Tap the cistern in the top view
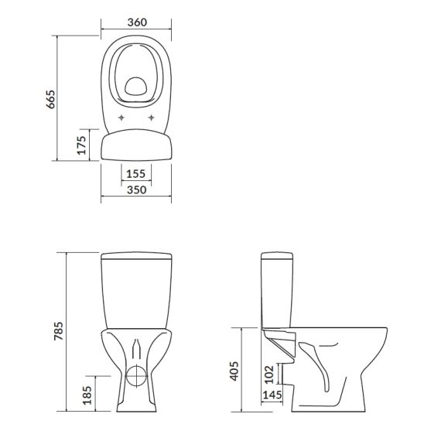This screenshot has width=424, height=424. [x=136, y=145]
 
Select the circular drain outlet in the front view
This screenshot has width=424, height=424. [x=136, y=378]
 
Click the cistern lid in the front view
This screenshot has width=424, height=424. [x=136, y=256]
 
